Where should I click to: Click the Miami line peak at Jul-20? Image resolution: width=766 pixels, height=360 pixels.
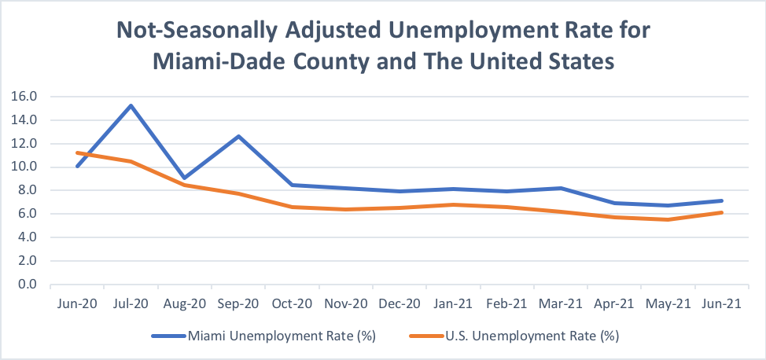tap(131, 105)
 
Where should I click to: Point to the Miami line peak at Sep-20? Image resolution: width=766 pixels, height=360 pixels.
tap(238, 136)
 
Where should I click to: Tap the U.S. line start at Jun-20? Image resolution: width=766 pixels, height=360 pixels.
tap(77, 152)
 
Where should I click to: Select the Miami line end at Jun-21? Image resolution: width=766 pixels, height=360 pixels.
tap(721, 200)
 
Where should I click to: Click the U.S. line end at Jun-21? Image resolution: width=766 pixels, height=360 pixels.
tap(721, 212)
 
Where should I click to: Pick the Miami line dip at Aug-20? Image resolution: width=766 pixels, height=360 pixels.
tap(185, 178)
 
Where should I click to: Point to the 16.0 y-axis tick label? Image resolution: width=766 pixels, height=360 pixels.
tap(26, 97)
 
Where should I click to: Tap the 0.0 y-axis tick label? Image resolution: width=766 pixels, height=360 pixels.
tap(29, 284)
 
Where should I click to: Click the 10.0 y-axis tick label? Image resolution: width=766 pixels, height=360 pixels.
tap(26, 167)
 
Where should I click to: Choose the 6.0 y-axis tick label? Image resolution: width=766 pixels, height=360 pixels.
tap(29, 214)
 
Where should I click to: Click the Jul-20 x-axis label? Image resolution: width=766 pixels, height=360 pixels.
tap(131, 303)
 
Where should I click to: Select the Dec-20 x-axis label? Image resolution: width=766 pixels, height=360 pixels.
tap(400, 303)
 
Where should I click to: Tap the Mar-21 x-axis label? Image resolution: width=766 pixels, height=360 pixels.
tap(560, 303)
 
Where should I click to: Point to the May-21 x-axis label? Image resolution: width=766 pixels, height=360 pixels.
tap(668, 303)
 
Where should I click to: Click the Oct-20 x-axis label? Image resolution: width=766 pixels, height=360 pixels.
tap(292, 303)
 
